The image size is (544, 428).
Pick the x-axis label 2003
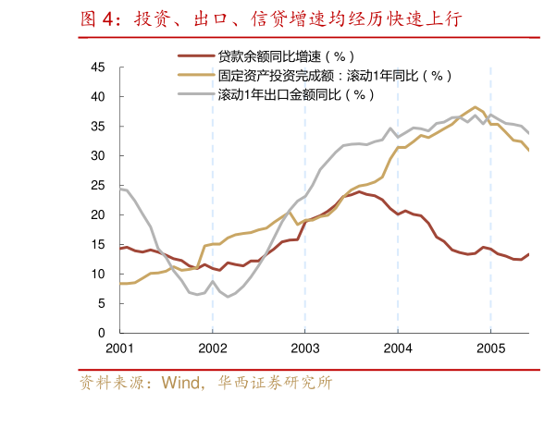(x=304, y=348)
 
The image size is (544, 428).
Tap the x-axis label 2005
(x=489, y=348)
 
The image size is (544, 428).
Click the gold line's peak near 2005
(x=476, y=107)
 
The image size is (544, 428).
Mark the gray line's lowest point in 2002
(x=228, y=297)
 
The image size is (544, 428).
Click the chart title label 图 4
(x=100, y=18)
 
